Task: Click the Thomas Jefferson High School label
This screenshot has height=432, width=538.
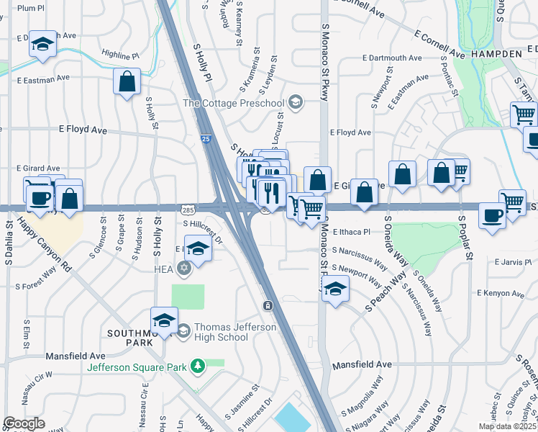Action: click(x=226, y=332)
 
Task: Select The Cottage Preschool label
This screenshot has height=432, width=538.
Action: click(x=233, y=103)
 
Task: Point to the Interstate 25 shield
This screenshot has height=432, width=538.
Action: click(x=206, y=138)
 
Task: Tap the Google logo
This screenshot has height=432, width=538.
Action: click(x=24, y=423)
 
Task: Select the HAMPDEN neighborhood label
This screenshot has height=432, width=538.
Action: click(x=497, y=54)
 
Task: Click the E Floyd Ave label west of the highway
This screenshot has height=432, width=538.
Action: click(x=83, y=130)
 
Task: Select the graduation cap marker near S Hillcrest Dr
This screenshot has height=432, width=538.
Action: click(x=198, y=249)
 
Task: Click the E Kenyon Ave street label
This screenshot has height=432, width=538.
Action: click(x=500, y=293)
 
